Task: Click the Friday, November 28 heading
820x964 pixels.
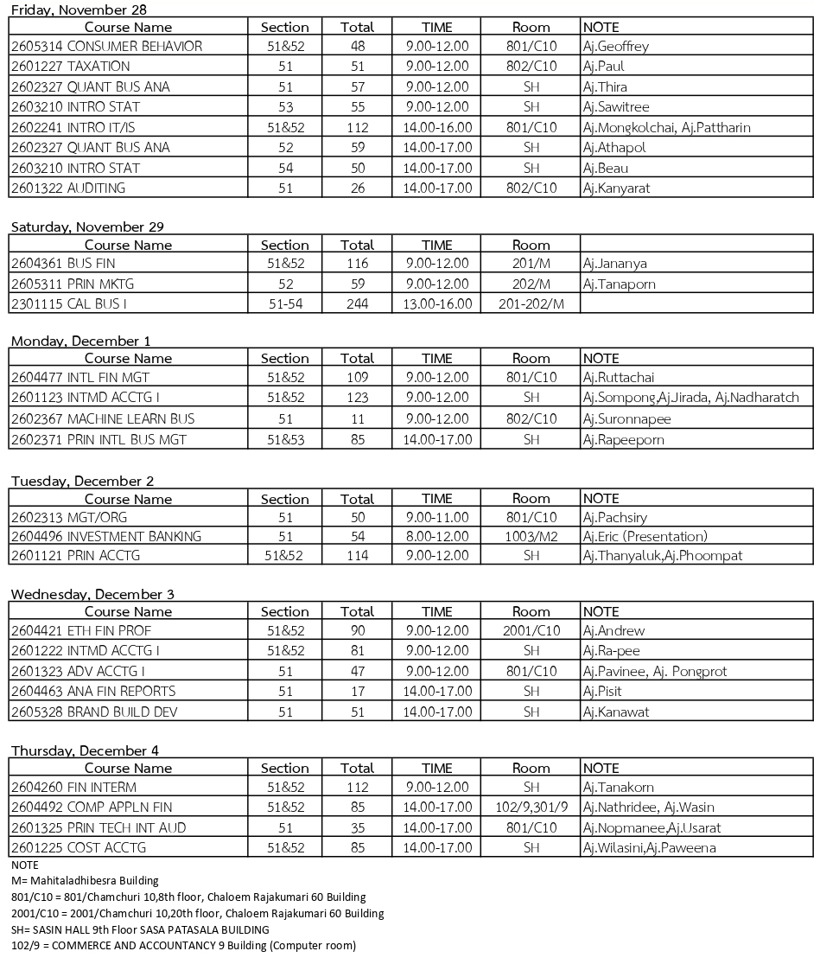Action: click(x=79, y=10)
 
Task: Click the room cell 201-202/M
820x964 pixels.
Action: click(x=531, y=303)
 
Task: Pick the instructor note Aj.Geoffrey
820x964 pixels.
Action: click(x=616, y=47)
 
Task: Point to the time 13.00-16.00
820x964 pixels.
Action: click(x=436, y=303)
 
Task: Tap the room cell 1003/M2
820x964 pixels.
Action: click(x=531, y=536)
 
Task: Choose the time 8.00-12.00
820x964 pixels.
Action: click(x=436, y=536)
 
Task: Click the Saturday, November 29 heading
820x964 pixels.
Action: click(x=87, y=227)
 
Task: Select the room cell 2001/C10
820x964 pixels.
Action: click(x=531, y=630)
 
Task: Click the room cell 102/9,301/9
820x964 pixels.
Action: click(x=531, y=808)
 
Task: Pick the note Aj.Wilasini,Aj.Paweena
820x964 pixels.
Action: click(x=650, y=848)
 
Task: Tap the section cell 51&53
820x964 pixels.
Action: click(x=284, y=439)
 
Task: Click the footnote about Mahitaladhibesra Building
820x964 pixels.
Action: click(x=85, y=880)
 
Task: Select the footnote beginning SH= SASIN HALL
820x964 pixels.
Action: click(x=140, y=929)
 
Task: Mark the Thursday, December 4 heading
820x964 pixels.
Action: click(x=85, y=750)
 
